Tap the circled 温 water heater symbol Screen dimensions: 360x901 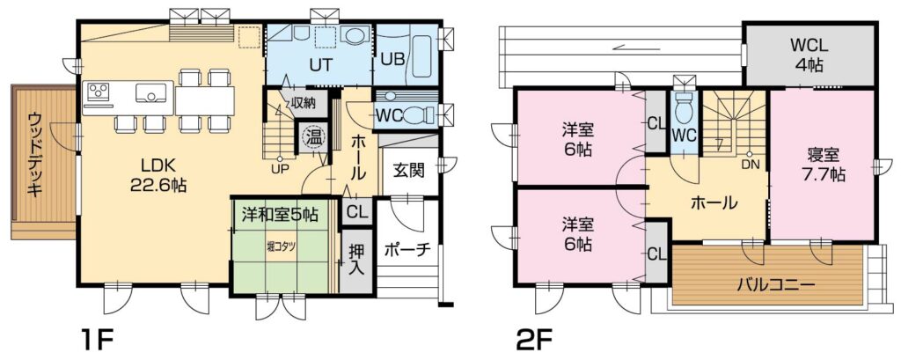point(313,137)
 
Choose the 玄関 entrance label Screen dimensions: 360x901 point(409,170)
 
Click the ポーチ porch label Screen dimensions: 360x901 point(407,249)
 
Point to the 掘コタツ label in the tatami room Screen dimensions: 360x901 point(282,246)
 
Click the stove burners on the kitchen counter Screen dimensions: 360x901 point(98,91)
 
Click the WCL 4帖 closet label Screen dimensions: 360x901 point(806,54)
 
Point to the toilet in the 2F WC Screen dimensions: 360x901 point(685,107)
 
